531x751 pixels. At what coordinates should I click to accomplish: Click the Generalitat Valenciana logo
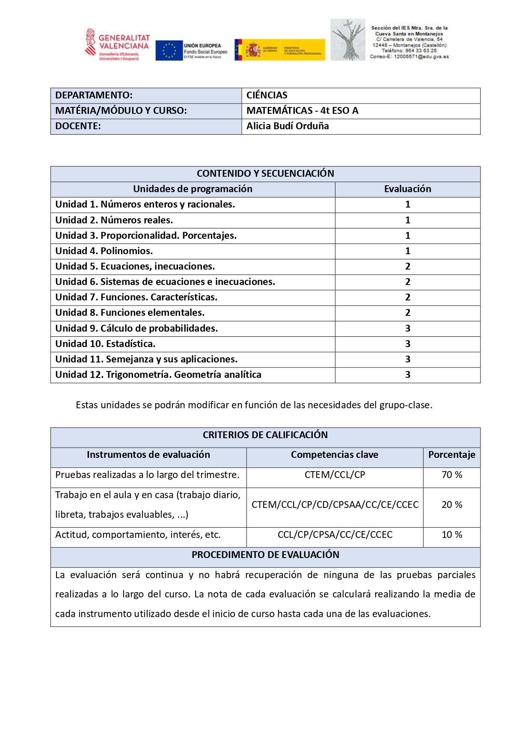coord(117,45)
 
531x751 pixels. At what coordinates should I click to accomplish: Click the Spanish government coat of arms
coord(253,50)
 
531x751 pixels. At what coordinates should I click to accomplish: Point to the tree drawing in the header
coord(347,40)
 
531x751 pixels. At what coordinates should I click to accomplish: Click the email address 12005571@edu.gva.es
coord(421,56)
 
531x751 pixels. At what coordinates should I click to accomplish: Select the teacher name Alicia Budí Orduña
coord(288,126)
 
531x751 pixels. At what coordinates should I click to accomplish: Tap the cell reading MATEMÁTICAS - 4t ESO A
coord(302,111)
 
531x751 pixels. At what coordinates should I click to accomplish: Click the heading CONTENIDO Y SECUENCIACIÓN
coord(265,174)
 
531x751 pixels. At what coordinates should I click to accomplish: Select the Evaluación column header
coord(407,189)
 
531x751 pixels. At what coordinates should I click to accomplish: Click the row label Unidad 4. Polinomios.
coord(104,251)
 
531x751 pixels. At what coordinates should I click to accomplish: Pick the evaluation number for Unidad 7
coord(407,297)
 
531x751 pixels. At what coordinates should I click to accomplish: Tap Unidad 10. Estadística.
coord(105,344)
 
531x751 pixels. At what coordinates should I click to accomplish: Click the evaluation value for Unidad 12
coord(407,375)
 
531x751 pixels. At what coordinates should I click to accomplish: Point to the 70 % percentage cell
coord(452,475)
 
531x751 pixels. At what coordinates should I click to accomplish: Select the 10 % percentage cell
coord(452,535)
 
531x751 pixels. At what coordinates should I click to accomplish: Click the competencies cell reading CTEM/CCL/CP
coord(335,475)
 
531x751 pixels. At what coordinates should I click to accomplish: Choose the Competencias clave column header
coord(335,455)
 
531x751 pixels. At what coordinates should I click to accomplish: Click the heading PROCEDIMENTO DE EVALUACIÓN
coord(265,555)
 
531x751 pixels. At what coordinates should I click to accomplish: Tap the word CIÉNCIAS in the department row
coord(267,95)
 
